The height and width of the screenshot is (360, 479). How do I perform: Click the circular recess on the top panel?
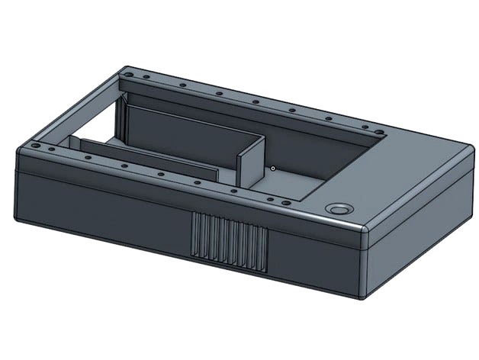(x=337, y=208)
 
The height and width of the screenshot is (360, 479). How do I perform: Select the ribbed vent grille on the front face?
(x=229, y=243)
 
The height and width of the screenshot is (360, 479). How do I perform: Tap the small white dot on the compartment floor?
(x=272, y=167)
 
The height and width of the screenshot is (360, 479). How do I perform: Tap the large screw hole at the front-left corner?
(x=36, y=143)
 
